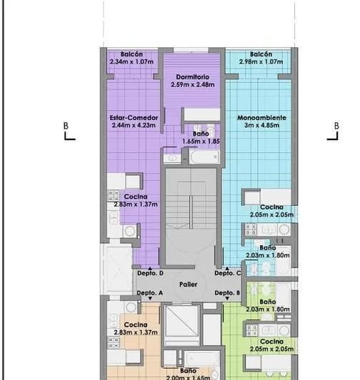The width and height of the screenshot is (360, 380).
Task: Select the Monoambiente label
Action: coord(262,117)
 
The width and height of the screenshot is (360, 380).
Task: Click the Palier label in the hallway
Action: coord(188,284)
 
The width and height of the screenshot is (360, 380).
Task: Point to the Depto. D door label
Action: coord(151,274)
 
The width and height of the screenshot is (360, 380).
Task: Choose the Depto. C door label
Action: coord(228,274)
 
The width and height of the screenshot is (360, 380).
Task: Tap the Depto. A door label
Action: coord(150,294)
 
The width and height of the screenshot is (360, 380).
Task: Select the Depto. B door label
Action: coord(227,294)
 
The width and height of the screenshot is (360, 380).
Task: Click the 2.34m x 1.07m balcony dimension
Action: coord(132,62)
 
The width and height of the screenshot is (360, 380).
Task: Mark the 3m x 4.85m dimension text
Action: coord(262,125)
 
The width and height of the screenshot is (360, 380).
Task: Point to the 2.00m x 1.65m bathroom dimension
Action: coord(188,377)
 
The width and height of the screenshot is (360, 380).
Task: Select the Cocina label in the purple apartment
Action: coord(136,196)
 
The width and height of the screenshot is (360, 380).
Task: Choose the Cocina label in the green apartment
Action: coord(271,341)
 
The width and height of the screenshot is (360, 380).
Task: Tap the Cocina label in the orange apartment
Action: coord(136,325)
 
